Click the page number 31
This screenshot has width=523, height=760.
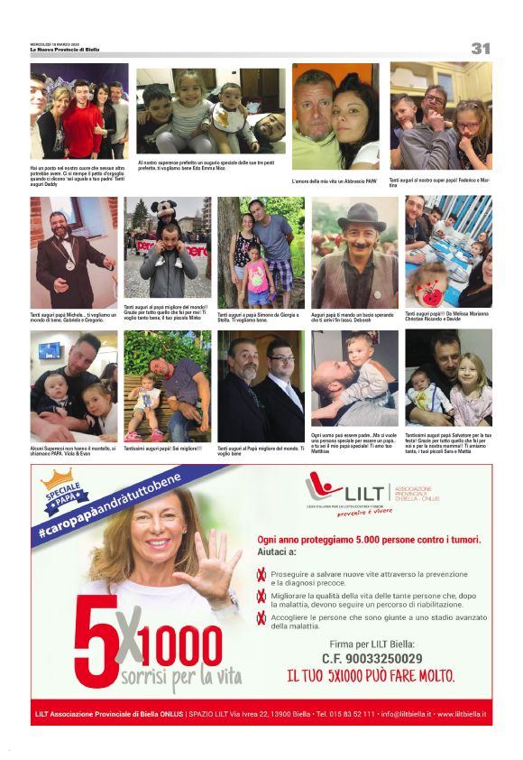coord(480,48)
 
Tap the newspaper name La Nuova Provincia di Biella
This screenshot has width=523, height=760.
coord(65,50)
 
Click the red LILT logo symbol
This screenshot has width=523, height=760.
coord(322,489)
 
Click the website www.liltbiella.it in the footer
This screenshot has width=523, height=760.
coord(462,713)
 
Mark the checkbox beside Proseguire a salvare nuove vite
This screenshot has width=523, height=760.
coord(262,573)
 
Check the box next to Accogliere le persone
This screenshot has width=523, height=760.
coord(262,617)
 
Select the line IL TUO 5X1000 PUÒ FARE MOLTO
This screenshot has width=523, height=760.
coord(371,675)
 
